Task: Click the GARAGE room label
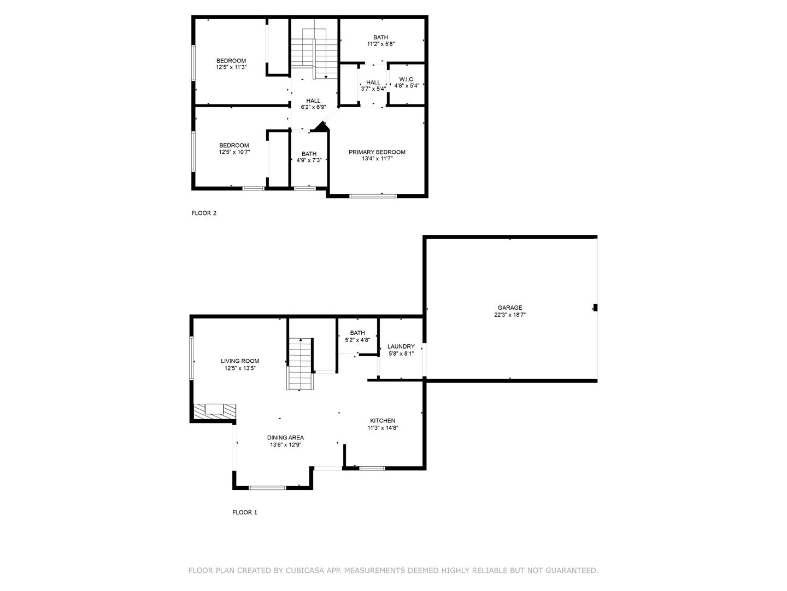point(509,308)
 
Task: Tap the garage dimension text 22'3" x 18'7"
point(509,315)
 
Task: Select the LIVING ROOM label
point(240,361)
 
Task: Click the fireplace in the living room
point(214,410)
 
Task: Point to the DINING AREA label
point(285,438)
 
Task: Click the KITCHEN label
point(383,421)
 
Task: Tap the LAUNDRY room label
point(401,346)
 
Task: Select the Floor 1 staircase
point(300,364)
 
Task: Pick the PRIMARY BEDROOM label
point(377,152)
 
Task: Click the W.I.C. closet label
point(407,79)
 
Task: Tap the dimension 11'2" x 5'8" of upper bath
point(381,44)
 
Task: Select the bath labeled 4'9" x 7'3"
point(309,157)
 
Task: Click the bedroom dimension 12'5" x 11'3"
point(231,67)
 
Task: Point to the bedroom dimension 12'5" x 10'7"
point(234,153)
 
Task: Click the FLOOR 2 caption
point(204,213)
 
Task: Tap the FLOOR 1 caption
point(244,513)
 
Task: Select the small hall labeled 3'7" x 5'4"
point(373,85)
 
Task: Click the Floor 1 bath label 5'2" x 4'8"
point(357,337)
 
